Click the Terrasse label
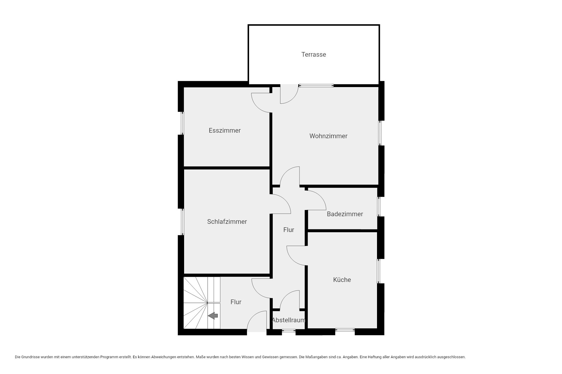click(313, 54)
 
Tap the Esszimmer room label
click(225, 130)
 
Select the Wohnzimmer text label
click(328, 136)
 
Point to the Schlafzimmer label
click(227, 221)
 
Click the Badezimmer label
click(345, 214)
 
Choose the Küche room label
click(342, 280)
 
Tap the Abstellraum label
click(289, 320)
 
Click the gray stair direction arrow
click(213, 316)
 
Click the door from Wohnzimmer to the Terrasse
click(293, 98)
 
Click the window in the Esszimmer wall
click(182, 123)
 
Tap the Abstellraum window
click(289, 331)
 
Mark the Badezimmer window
click(379, 207)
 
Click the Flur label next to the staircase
click(236, 302)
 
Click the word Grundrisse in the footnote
click(30, 357)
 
